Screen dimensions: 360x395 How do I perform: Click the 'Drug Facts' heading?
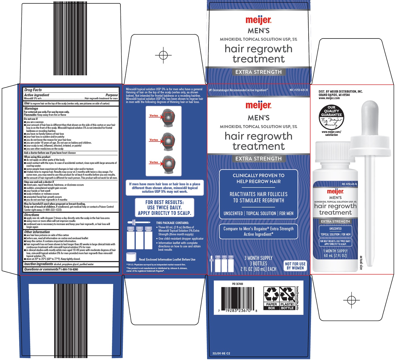click(x=33, y=90)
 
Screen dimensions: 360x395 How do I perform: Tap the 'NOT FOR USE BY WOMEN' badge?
click(x=295, y=265)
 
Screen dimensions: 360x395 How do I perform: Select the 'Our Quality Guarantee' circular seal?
click(x=331, y=117)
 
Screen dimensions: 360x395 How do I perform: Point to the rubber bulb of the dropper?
click(x=370, y=117)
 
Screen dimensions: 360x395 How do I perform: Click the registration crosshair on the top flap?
click(x=163, y=55)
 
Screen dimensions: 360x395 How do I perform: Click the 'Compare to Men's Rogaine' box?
click(x=258, y=232)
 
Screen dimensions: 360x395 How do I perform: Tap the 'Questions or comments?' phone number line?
click(x=51, y=269)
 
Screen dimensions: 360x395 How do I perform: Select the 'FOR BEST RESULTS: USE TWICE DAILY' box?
click(x=164, y=207)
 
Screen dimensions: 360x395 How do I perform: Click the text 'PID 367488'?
click(x=237, y=284)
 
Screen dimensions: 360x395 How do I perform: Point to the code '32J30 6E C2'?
click(x=221, y=353)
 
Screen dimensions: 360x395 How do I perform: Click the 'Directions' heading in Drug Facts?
click(x=32, y=215)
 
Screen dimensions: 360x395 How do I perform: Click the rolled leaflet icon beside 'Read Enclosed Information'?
click(x=131, y=257)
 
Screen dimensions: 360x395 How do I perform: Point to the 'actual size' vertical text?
click(x=361, y=263)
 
